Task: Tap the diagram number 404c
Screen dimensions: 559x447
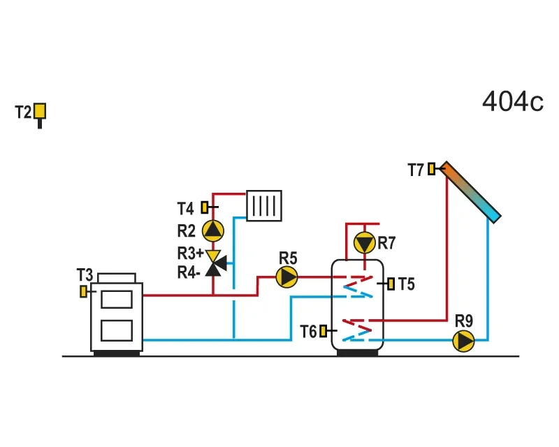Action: (x=513, y=101)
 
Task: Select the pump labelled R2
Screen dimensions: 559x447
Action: (x=213, y=230)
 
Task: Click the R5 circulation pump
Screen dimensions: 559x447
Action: (x=287, y=277)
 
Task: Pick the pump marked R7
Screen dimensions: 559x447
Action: (x=364, y=243)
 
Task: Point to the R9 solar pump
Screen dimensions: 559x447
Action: (x=463, y=341)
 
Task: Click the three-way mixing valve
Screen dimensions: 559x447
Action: (x=215, y=263)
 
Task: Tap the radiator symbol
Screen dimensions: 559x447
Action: (x=264, y=205)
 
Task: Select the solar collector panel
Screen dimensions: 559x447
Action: (x=470, y=193)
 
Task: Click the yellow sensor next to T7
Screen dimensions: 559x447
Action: (x=431, y=168)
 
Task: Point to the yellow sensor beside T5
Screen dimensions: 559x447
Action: (x=391, y=284)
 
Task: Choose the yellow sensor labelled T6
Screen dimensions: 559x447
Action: (x=323, y=331)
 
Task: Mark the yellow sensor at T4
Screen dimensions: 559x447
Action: (x=205, y=207)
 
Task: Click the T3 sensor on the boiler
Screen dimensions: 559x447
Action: (x=83, y=291)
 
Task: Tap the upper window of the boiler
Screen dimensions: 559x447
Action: (x=117, y=299)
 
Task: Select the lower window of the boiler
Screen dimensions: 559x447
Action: (x=117, y=330)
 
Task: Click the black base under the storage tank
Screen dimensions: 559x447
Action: (x=357, y=353)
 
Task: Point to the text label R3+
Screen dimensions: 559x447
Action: (x=190, y=254)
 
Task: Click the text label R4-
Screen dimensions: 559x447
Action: (x=189, y=272)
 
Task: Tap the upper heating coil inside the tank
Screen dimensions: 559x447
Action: (x=358, y=286)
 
